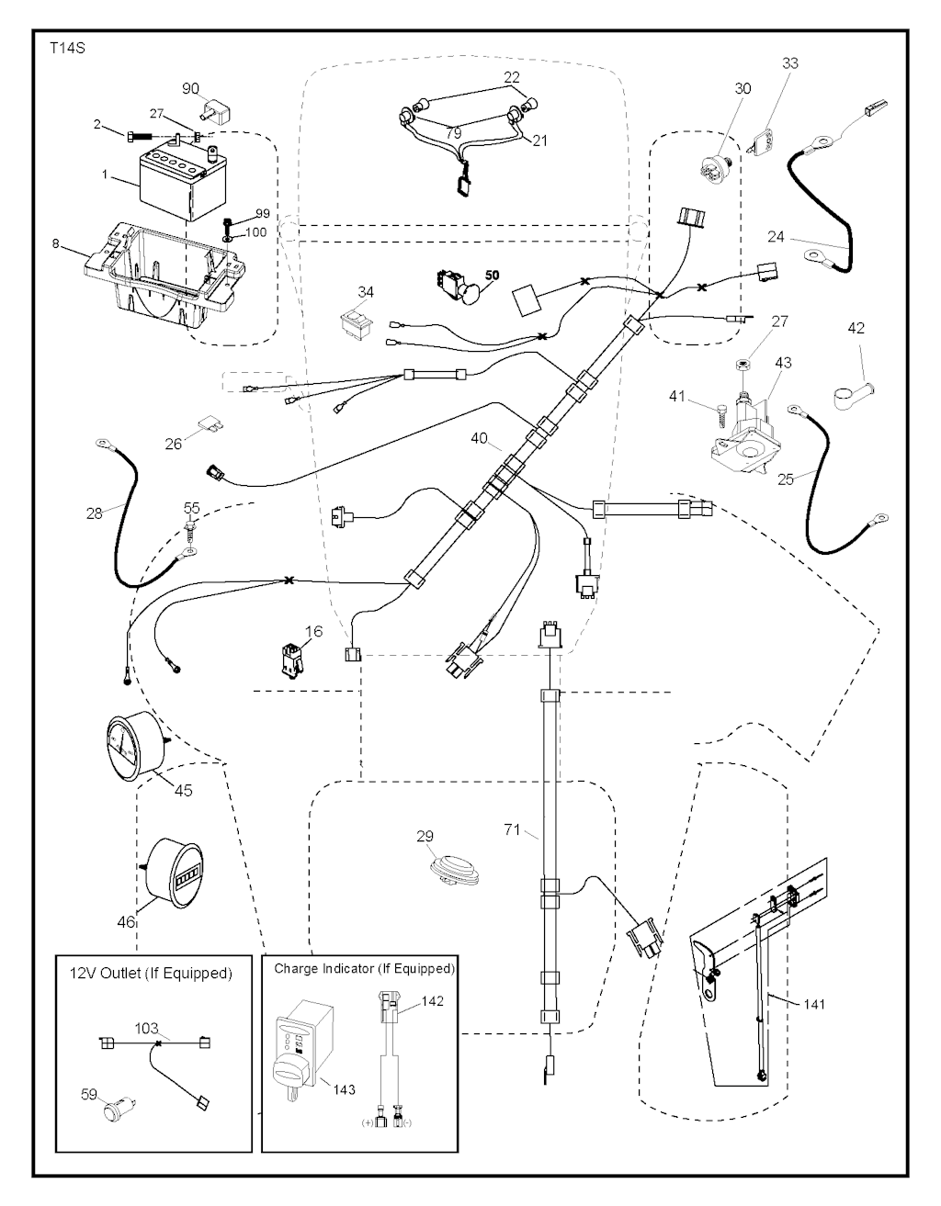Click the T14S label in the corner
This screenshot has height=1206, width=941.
click(x=67, y=47)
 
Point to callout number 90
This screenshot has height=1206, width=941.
click(x=191, y=88)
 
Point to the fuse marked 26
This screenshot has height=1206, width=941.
click(x=208, y=424)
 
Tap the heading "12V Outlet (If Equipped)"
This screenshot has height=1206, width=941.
click(x=151, y=973)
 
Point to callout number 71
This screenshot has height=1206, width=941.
click(x=513, y=831)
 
